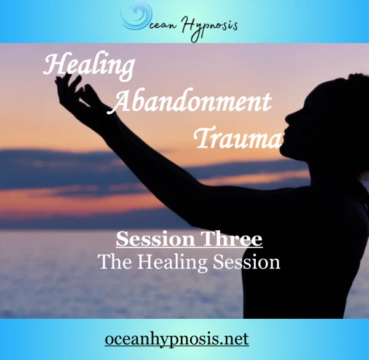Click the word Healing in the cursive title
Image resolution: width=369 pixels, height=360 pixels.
click(89, 66)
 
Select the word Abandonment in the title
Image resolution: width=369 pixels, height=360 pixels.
click(190, 101)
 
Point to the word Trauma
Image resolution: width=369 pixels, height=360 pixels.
click(237, 138)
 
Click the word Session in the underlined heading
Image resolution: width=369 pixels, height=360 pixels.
click(156, 239)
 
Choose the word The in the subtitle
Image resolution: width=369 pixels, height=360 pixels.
click(115, 262)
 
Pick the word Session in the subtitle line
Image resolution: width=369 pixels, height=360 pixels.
click(247, 262)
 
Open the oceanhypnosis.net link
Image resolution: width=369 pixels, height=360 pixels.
click(177, 339)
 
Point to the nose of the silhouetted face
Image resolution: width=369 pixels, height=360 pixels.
click(288, 117)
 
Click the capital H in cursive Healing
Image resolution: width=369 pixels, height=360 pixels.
click(53, 65)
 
